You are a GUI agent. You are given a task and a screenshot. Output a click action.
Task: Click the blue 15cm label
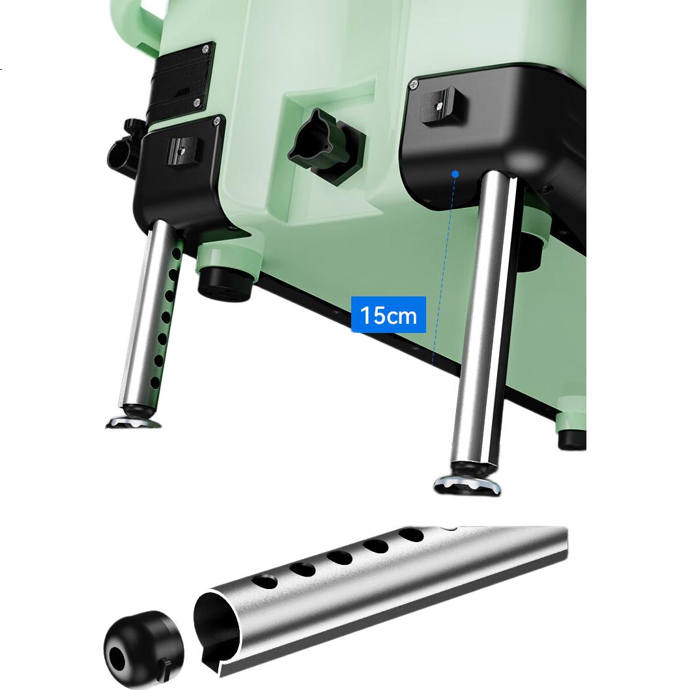click(x=388, y=315)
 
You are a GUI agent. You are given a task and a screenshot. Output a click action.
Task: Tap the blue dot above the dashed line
click(x=455, y=174)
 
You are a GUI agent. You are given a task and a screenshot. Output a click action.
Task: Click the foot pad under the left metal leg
click(x=134, y=421)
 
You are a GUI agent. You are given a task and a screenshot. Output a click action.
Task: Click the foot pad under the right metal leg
click(x=467, y=485)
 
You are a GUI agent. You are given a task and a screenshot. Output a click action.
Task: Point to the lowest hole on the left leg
click(x=155, y=382)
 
